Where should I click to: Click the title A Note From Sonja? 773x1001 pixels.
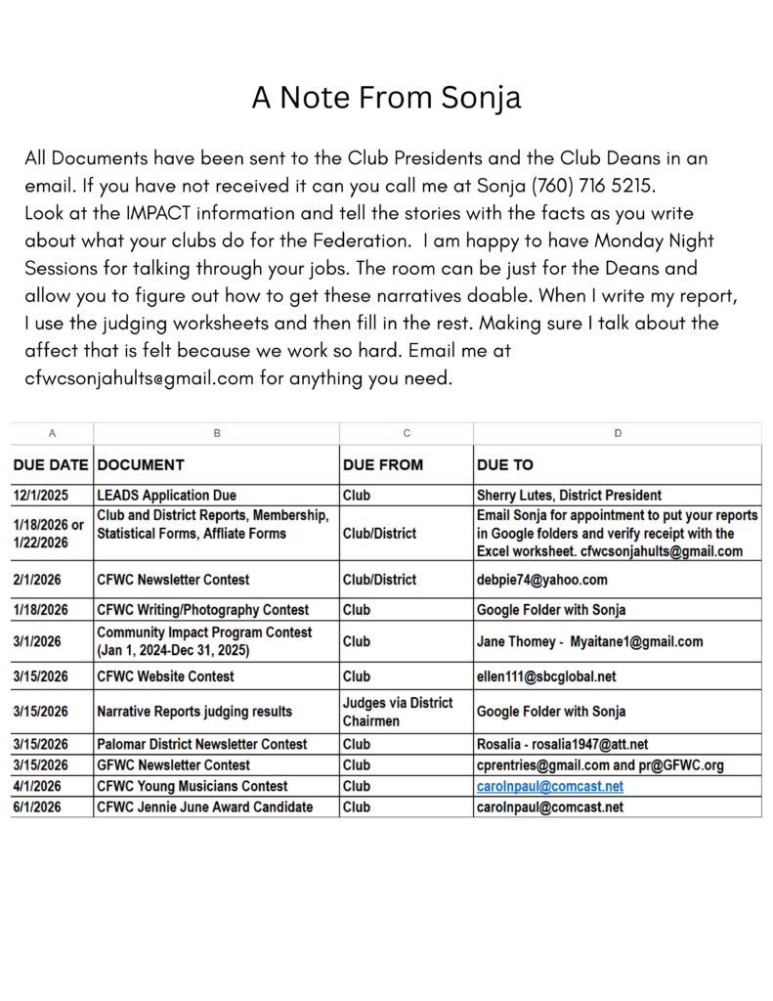click(386, 98)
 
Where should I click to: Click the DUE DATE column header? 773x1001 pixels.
click(51, 465)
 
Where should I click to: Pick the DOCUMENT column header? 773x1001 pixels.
click(142, 465)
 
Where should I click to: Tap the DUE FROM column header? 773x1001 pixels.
click(382, 465)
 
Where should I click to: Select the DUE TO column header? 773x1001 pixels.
click(505, 465)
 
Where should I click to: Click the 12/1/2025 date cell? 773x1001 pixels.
click(42, 496)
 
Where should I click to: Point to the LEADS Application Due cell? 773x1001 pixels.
click(167, 496)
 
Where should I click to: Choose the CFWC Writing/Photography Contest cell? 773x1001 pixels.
click(203, 610)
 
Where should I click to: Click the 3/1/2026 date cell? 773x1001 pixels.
click(38, 642)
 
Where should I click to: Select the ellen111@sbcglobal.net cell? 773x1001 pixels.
click(546, 676)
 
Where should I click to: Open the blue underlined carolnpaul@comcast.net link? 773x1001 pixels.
click(550, 786)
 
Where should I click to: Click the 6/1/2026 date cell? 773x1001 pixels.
click(38, 807)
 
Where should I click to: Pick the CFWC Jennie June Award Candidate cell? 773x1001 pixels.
click(205, 807)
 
